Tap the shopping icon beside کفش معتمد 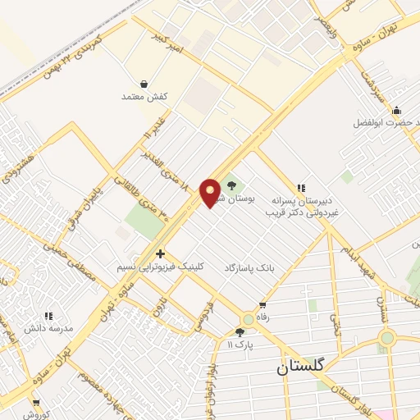pyautogui.click(x=144, y=84)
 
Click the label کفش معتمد pyautogui.click(x=145, y=97)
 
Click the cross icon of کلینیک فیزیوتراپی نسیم pyautogui.click(x=160, y=253)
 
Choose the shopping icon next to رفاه pyautogui.click(x=262, y=305)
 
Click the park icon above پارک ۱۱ pyautogui.click(x=240, y=332)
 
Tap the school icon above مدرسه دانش pyautogui.click(x=48, y=315)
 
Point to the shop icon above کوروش pyautogui.click(x=35, y=402)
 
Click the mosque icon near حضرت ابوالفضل pyautogui.click(x=397, y=111)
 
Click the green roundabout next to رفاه pyautogui.click(x=247, y=319)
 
